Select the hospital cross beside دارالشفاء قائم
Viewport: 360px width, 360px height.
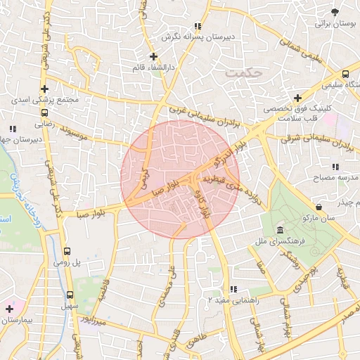pyautogui.click(x=153, y=56)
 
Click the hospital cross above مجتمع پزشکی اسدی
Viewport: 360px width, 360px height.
pyautogui.click(x=45, y=89)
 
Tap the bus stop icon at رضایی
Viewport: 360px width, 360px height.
pyautogui.click(x=45, y=112)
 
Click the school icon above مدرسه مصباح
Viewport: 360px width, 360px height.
pyautogui.click(x=335, y=167)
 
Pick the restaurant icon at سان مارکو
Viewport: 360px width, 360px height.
pyautogui.click(x=320, y=207)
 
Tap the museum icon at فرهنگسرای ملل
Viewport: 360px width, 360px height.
pyautogui.click(x=280, y=231)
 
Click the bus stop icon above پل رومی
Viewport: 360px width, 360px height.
pyautogui.click(x=67, y=250)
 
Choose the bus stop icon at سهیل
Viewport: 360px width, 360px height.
pyautogui.click(x=70, y=295)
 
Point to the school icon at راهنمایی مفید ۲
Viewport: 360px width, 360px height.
pyautogui.click(x=233, y=288)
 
